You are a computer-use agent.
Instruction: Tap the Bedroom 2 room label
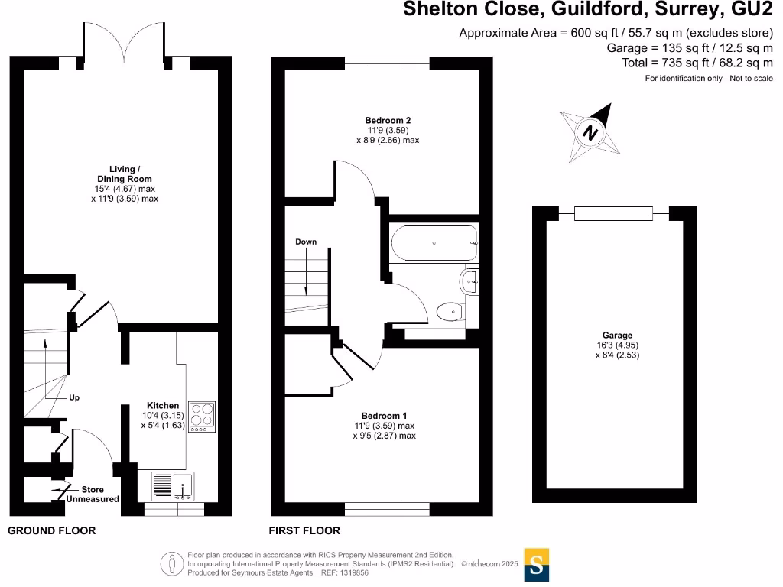[x=388, y=121]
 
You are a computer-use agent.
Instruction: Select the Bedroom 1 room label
[x=384, y=416]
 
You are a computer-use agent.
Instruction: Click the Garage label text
[x=617, y=336]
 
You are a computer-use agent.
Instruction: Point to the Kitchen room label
[x=163, y=406]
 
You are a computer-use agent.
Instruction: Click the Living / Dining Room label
[x=124, y=174]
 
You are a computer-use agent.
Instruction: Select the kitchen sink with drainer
[x=174, y=485]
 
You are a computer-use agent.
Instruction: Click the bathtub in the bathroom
[x=434, y=243]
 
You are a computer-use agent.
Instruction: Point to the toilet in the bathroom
[x=449, y=311]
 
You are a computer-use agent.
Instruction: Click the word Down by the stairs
[x=306, y=242]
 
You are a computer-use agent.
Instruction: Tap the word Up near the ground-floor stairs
[x=74, y=398]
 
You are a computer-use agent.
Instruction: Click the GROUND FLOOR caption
[x=52, y=530]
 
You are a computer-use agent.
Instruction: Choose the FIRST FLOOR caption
[x=305, y=530]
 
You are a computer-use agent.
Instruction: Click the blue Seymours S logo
[x=537, y=565]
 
